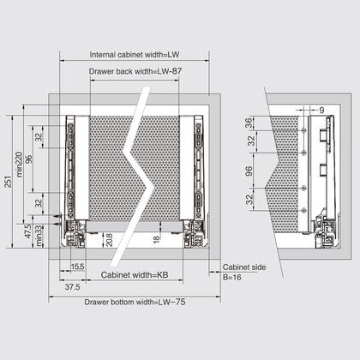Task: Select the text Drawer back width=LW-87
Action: click(135, 72)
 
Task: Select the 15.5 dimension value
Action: click(77, 267)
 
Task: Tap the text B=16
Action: click(232, 278)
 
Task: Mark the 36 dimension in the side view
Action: click(249, 122)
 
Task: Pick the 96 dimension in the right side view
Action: click(249, 171)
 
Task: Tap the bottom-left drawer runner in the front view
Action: click(78, 230)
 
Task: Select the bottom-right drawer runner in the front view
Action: click(189, 230)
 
